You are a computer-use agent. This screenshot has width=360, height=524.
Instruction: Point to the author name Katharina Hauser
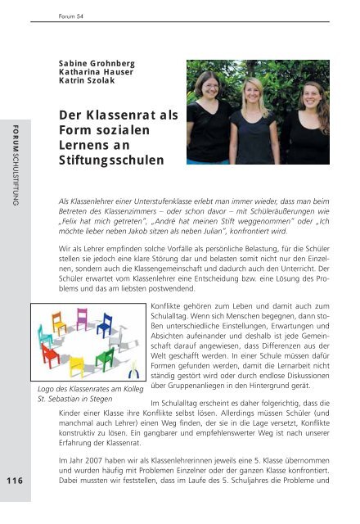tap(97, 72)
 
